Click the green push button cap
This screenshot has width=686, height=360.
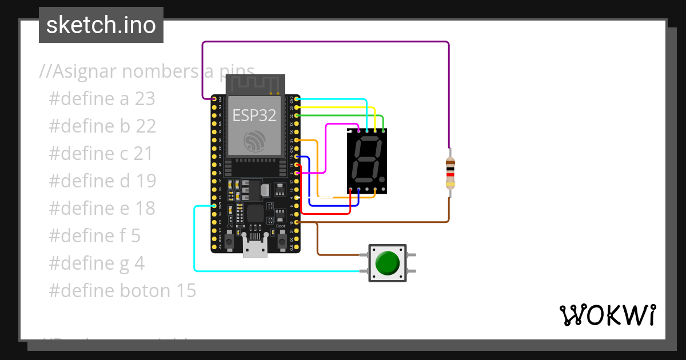(388, 263)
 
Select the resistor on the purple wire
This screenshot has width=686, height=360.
(450, 173)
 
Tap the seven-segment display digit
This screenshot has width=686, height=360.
(366, 160)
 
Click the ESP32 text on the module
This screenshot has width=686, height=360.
(254, 115)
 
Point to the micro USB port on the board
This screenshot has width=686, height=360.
(254, 247)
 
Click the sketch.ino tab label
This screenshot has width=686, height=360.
(101, 25)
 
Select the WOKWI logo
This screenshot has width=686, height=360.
(607, 315)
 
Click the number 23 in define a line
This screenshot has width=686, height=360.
(145, 99)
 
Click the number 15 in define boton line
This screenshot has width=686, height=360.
(186, 291)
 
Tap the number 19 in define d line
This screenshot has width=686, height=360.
(146, 181)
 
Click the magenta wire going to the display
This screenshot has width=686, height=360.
(326, 149)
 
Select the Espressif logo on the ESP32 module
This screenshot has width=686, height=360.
(255, 141)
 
